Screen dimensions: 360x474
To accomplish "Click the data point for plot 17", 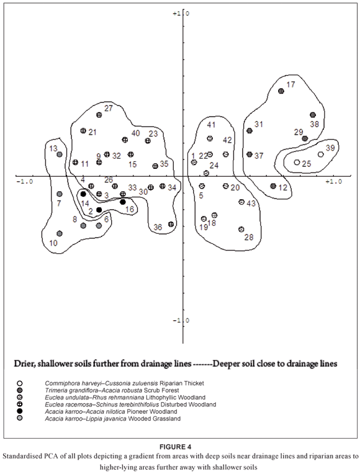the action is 281,91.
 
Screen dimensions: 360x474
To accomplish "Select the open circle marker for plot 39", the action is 321,154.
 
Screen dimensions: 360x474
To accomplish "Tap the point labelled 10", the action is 60,234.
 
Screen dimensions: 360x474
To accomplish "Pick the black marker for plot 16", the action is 123,202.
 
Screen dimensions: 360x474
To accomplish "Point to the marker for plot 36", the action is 171,225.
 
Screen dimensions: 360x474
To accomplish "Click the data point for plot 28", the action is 241,230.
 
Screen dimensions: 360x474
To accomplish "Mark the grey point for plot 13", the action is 60,154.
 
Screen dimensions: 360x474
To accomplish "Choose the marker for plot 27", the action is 99,115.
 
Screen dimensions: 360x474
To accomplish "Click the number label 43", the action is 251,203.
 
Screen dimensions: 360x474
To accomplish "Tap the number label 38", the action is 315,124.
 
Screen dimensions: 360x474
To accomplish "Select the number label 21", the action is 92,132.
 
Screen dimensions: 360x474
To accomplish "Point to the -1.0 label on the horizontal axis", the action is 24,182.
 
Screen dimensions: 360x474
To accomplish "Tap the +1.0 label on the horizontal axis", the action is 334,181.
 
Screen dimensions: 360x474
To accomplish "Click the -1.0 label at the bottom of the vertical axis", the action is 181,320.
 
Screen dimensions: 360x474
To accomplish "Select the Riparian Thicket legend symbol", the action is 20,383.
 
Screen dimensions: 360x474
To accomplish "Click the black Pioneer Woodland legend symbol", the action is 20,411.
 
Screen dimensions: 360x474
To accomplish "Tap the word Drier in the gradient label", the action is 24,364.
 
